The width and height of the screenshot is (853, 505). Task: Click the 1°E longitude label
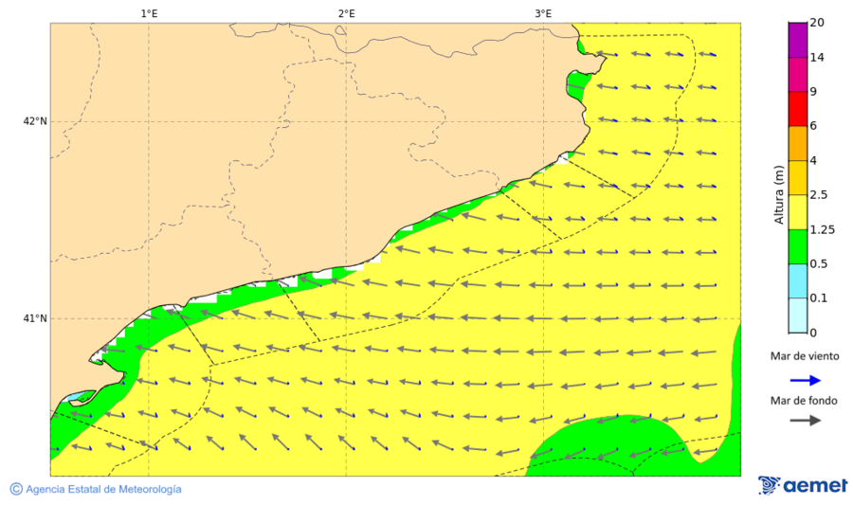(x=149, y=13)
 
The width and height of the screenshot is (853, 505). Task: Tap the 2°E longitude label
(x=346, y=13)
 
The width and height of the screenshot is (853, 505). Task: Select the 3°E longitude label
(x=543, y=13)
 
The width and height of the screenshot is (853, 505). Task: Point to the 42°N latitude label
(x=35, y=121)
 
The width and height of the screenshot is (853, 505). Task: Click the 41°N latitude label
(x=35, y=318)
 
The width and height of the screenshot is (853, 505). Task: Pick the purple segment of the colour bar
(x=797, y=40)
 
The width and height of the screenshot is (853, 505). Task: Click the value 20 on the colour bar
(x=816, y=23)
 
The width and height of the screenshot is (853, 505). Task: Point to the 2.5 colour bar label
(x=818, y=195)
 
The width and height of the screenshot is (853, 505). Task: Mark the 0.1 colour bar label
(x=818, y=298)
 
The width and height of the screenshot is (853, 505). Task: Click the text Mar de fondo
(x=804, y=402)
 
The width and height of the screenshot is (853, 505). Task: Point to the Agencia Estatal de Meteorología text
(x=103, y=490)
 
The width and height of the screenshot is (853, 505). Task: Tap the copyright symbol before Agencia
(x=16, y=489)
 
